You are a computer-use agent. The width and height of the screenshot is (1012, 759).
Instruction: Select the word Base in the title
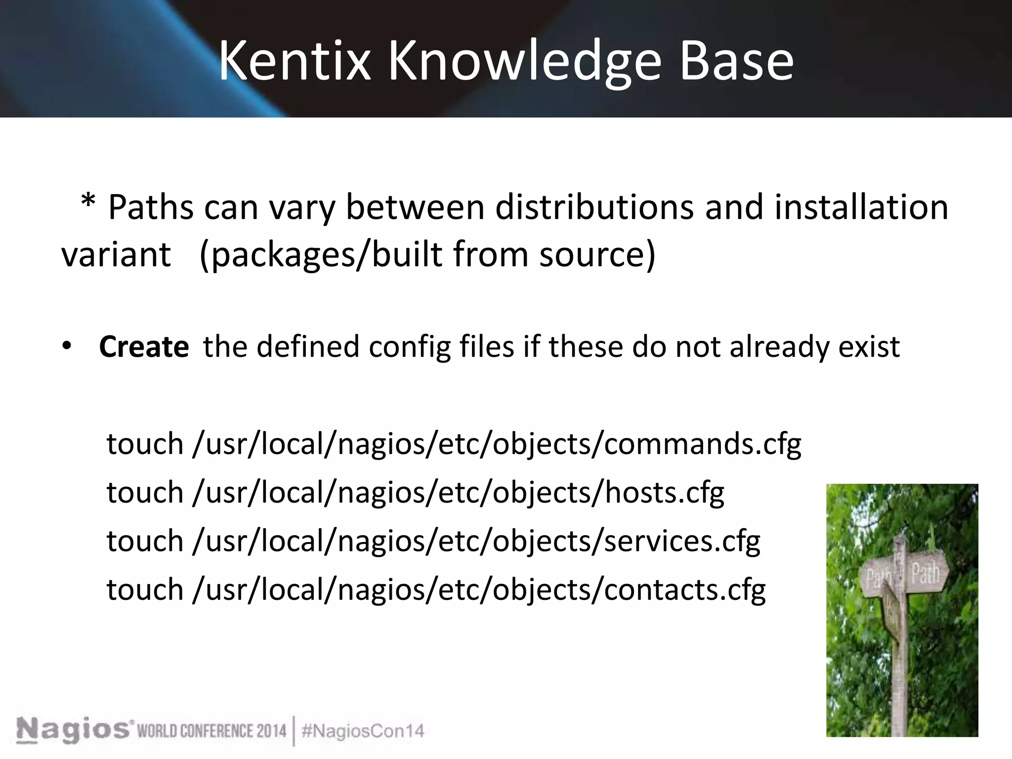coord(736,62)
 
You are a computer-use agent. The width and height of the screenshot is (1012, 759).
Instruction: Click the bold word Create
coord(144,347)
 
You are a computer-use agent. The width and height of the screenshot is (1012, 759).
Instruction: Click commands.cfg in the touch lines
coord(702,444)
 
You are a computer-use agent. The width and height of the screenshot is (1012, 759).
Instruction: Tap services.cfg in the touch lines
coord(681,542)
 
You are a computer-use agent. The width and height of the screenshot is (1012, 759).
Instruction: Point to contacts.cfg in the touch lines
coord(684,590)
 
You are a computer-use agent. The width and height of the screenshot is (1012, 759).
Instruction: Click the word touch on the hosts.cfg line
coord(145,493)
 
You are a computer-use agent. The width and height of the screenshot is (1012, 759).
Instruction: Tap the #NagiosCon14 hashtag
coord(363,731)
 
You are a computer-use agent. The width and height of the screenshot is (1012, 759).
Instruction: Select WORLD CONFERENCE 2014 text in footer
coord(211,731)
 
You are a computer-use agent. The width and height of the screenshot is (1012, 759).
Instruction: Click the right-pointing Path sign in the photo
coord(926,575)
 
